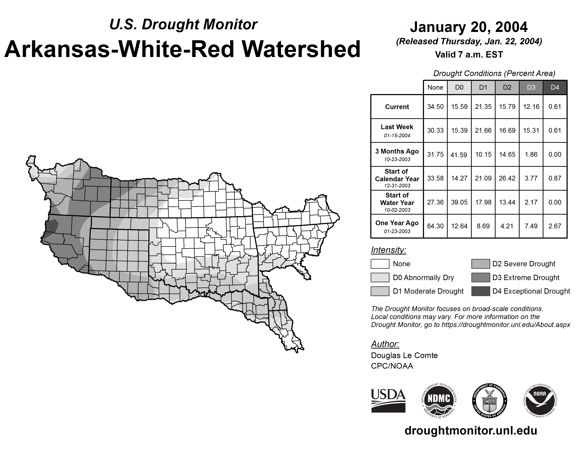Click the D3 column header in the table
pyautogui.click(x=531, y=87)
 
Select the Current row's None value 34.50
pyautogui.click(x=435, y=107)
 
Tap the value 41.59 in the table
pyautogui.click(x=459, y=155)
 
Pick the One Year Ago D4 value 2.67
pyautogui.click(x=555, y=226)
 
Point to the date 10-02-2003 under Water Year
pyautogui.click(x=397, y=210)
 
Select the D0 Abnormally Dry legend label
pyautogui.click(x=423, y=278)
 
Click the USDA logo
pyautogui.click(x=388, y=400)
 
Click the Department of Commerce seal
pyautogui.click(x=489, y=400)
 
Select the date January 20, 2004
pyautogui.click(x=469, y=27)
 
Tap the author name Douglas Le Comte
pyautogui.click(x=404, y=355)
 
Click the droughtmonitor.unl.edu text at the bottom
pyautogui.click(x=471, y=431)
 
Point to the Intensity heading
pyautogui.click(x=388, y=250)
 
